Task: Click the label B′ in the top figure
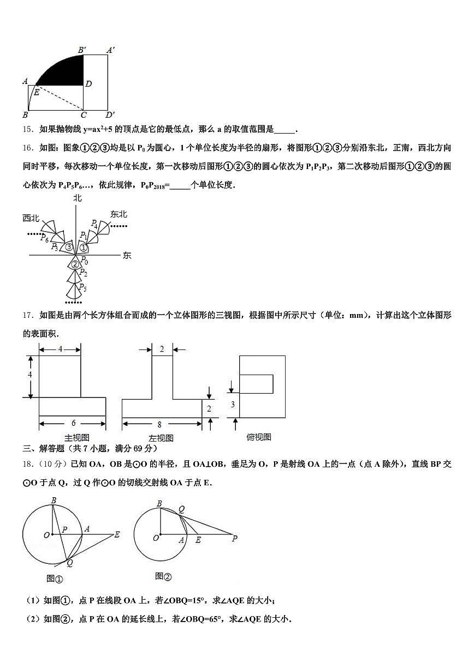click(x=82, y=50)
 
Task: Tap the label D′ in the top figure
click(x=110, y=115)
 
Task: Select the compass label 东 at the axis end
click(x=127, y=255)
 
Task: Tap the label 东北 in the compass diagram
click(x=118, y=214)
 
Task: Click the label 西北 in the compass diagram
click(x=31, y=218)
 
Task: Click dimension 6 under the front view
click(x=72, y=423)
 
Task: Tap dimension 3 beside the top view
click(x=232, y=404)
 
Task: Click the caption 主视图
click(x=76, y=437)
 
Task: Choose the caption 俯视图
click(x=259, y=437)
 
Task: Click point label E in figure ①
click(x=116, y=535)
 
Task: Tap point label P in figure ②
click(x=234, y=538)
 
